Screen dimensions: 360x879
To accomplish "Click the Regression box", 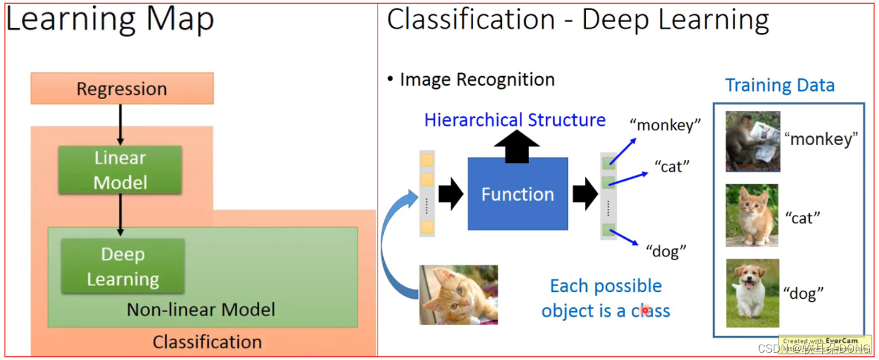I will click(122, 89).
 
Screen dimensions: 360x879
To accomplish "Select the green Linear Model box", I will click(120, 170).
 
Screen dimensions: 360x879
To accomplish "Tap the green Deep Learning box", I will click(122, 266).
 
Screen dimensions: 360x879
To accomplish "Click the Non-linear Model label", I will click(201, 310).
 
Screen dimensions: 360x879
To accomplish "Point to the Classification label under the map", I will click(207, 342).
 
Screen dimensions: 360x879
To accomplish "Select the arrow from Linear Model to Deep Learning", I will click(120, 214).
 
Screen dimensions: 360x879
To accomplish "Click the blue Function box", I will click(517, 194).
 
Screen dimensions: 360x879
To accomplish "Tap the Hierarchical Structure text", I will click(515, 120).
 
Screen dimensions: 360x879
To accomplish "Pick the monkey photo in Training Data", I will click(752, 141).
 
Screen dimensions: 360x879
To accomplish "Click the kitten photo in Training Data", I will click(752, 216).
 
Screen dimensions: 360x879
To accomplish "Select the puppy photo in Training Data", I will click(752, 293).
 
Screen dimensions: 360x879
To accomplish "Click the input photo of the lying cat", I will click(458, 294).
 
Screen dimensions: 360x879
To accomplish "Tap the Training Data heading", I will click(780, 85).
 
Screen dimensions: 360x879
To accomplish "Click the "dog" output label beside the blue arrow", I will click(666, 250).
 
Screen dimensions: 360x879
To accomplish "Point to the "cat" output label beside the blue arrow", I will click(671, 166).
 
